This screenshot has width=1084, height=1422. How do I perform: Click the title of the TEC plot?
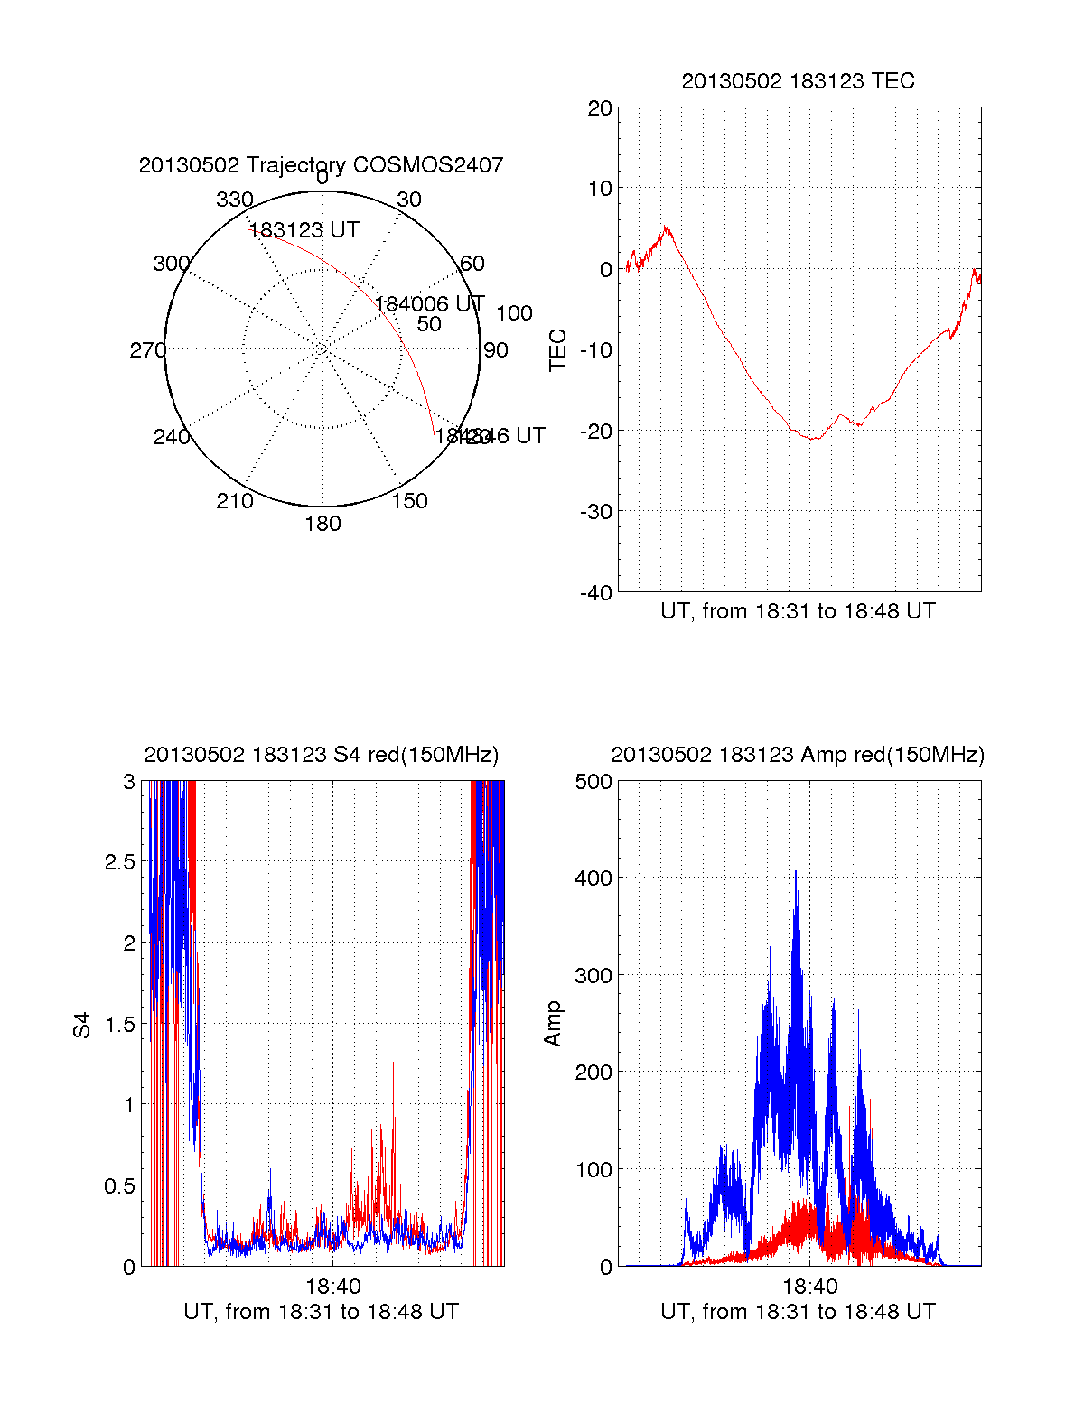pos(798,81)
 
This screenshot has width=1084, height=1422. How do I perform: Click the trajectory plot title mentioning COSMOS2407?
pos(321,165)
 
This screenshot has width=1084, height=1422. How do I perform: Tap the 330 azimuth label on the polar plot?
pos(234,200)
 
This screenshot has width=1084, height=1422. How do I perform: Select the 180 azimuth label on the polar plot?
pos(322,524)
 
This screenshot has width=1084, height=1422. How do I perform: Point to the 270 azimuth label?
pos(147,350)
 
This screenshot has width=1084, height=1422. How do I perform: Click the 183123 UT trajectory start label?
pos(304,230)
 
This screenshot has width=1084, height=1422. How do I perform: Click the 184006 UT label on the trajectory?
pos(430,304)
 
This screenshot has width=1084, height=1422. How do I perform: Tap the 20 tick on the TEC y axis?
pos(600,108)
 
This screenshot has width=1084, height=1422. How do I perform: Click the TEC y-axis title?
pos(558,350)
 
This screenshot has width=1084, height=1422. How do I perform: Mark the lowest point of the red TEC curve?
pos(814,439)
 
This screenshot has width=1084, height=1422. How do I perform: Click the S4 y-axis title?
pos(82,1025)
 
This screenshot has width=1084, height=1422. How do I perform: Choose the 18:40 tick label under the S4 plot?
pos(332,1287)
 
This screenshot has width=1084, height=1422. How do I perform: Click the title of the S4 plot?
pos(321,755)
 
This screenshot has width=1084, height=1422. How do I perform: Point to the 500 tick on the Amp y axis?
pos(593,782)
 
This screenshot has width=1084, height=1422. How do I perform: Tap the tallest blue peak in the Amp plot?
pos(796,872)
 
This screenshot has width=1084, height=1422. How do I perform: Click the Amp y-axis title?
pos(553,1024)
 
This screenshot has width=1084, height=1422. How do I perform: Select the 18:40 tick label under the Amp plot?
pos(809,1287)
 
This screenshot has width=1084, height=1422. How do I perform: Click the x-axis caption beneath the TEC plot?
pos(798,611)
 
